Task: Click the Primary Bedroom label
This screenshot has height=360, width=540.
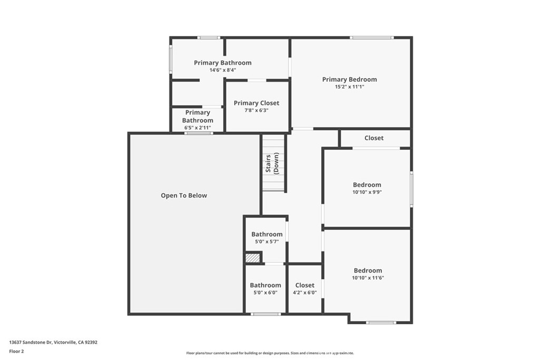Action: [350, 80]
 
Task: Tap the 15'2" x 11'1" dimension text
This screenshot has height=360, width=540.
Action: [350, 87]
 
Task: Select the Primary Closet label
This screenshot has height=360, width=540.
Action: [257, 103]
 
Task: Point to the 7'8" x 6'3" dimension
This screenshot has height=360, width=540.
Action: [257, 111]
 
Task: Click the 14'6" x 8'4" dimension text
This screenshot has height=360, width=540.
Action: [223, 70]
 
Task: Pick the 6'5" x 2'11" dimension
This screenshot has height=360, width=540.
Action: [198, 128]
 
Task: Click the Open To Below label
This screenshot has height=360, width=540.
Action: [184, 196]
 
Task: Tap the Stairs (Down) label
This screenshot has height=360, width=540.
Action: [272, 163]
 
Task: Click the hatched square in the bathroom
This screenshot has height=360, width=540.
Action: [253, 258]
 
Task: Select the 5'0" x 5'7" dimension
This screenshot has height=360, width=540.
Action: [267, 241]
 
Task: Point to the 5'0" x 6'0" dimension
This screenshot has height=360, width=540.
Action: [266, 293]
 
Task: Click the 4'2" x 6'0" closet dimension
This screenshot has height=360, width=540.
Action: [305, 293]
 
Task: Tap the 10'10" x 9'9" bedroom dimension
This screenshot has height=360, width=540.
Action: [367, 192]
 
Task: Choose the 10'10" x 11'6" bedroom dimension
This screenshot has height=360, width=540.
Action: [368, 278]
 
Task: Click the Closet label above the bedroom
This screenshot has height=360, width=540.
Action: [374, 138]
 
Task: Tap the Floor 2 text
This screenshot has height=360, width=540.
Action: [16, 352]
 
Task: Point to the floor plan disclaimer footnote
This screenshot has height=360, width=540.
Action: [270, 353]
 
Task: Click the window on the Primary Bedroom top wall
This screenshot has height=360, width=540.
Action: [372, 37]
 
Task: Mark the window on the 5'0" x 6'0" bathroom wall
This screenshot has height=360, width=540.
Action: [266, 314]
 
